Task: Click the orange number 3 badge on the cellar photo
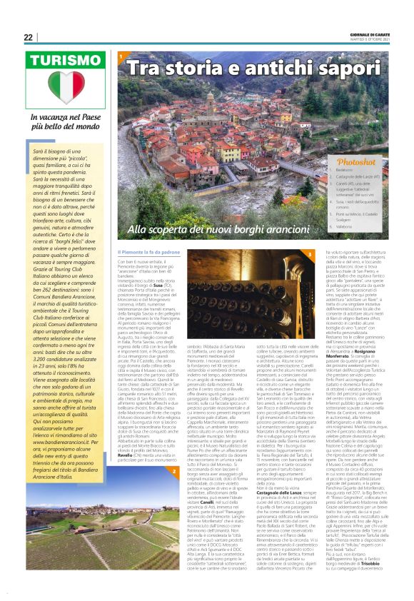(310, 254)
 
